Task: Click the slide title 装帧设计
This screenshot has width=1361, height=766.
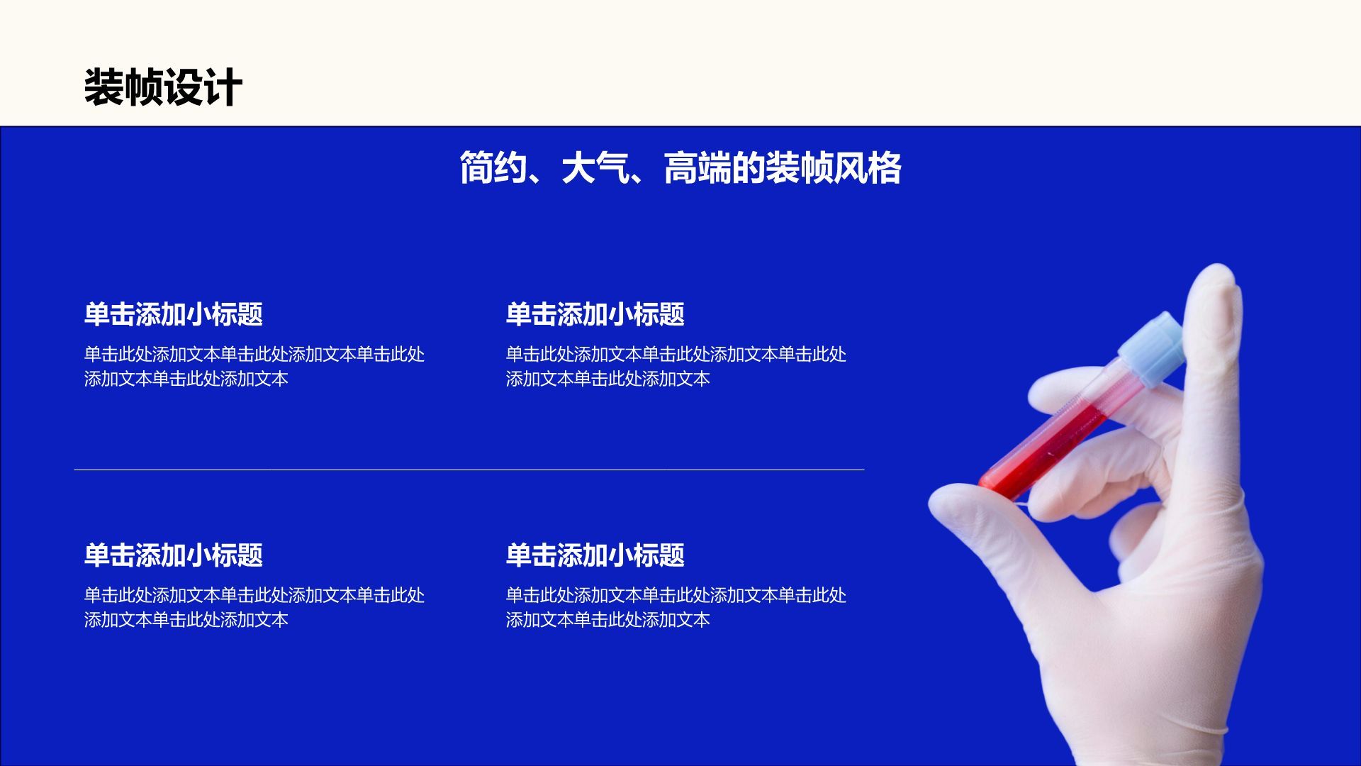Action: [x=163, y=88]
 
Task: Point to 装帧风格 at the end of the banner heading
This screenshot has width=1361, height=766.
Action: [x=833, y=169]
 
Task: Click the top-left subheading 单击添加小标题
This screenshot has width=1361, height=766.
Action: [x=174, y=314]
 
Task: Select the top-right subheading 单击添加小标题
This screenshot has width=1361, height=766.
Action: [x=595, y=314]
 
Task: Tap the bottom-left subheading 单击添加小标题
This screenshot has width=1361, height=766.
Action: [x=174, y=555]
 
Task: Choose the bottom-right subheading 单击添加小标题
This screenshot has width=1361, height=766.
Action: [x=595, y=555]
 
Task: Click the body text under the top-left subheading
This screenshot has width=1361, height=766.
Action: [x=254, y=366]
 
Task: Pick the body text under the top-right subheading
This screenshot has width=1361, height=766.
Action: [x=676, y=366]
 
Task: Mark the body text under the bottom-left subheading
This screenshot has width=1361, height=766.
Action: [x=254, y=607]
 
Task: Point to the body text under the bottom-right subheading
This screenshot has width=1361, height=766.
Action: [x=676, y=607]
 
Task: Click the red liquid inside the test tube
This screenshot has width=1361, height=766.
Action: [x=1042, y=447]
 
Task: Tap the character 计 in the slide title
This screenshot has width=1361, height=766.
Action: [x=223, y=88]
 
